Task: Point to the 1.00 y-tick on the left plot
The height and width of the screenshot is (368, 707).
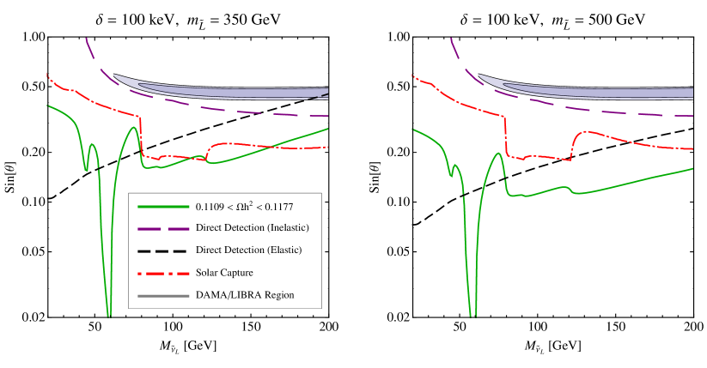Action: (x=32, y=37)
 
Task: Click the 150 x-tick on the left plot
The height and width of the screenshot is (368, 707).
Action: (x=251, y=329)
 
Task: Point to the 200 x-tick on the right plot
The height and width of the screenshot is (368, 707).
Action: (x=692, y=329)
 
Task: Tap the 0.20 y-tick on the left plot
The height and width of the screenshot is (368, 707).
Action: (x=32, y=152)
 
